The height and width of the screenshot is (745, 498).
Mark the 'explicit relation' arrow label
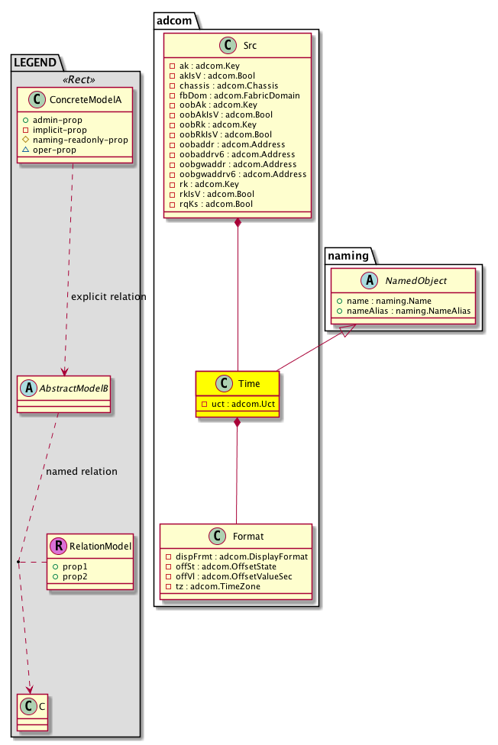[108, 296]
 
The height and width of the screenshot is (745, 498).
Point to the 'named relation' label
[82, 471]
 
